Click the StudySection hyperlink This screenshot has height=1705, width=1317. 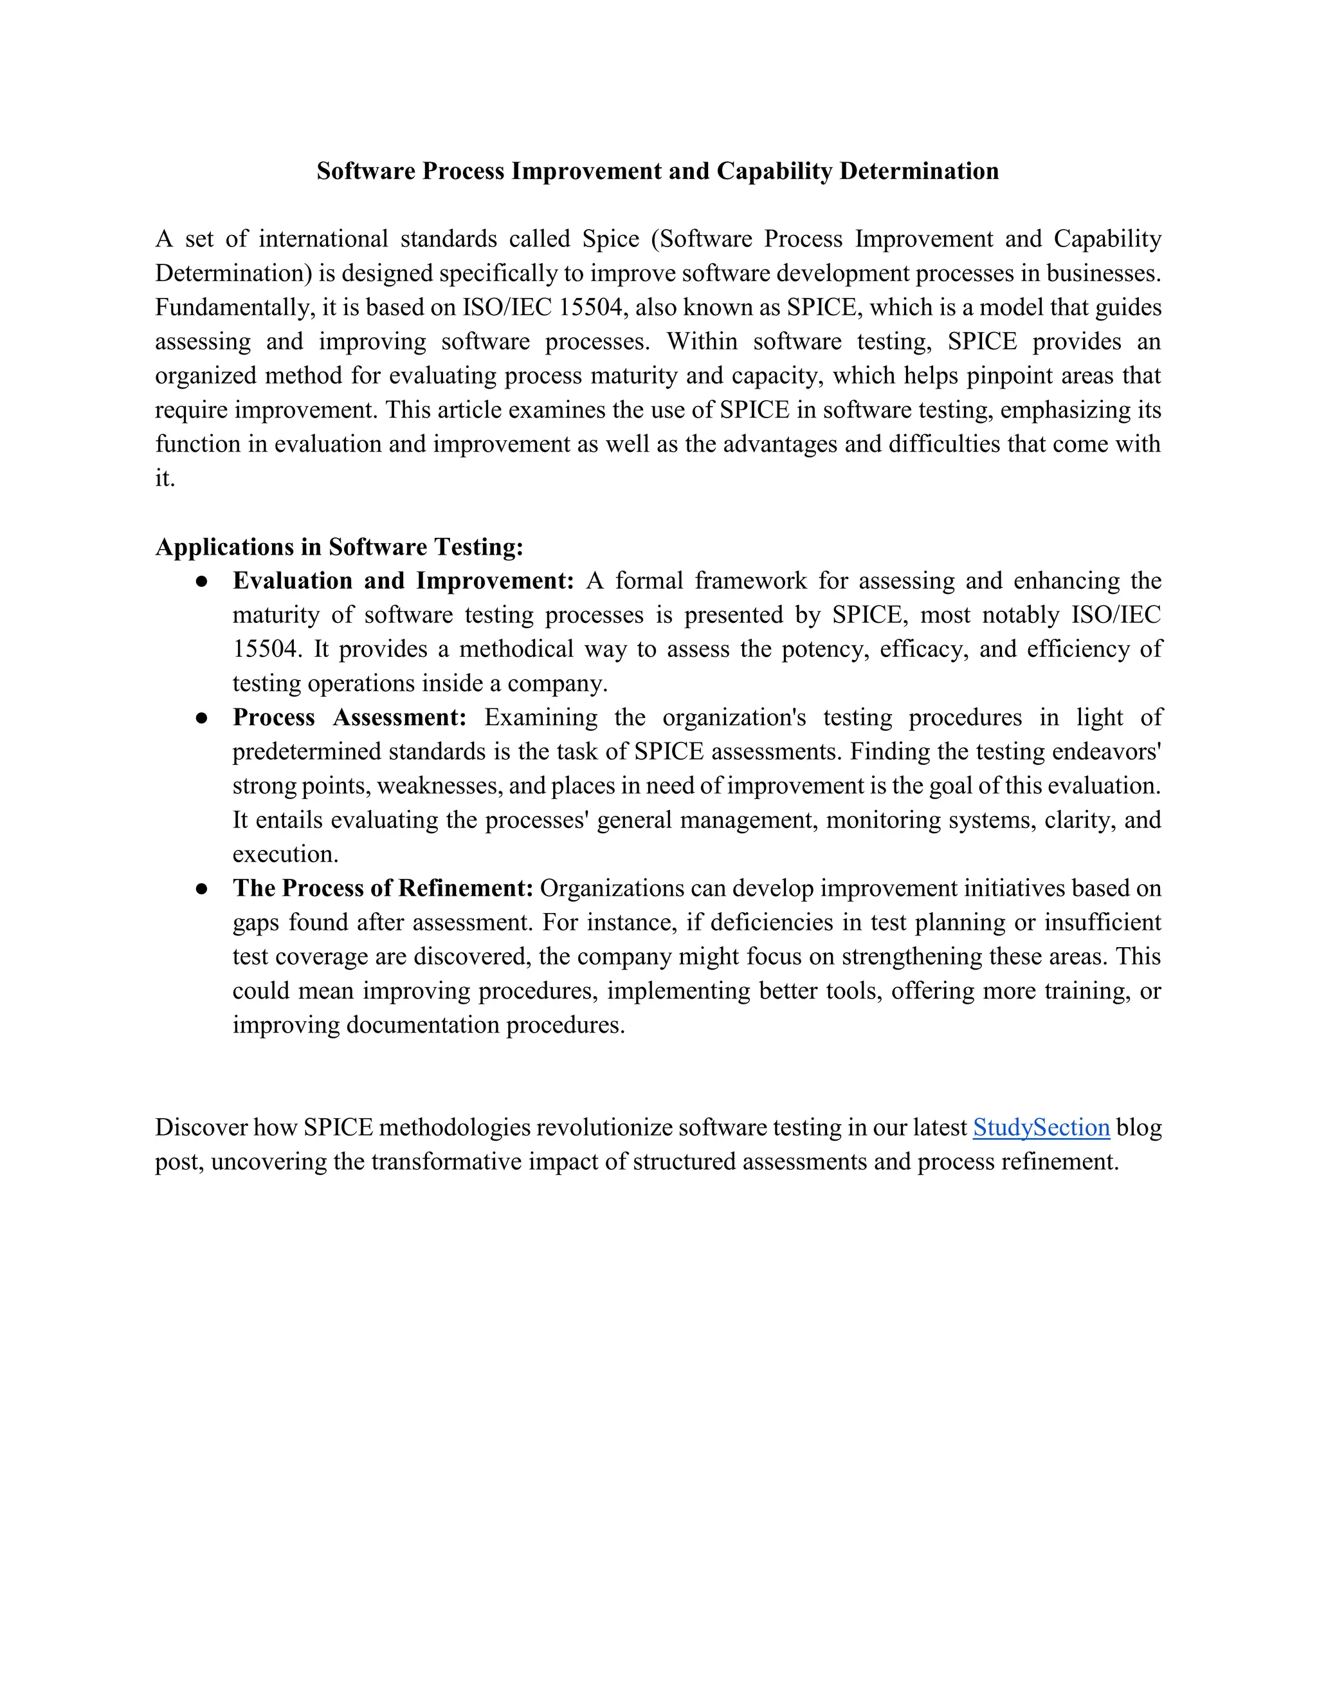point(1041,1127)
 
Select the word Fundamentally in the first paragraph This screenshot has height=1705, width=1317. point(234,308)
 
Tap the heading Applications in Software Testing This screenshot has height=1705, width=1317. point(339,546)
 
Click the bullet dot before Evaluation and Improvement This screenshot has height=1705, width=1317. point(201,582)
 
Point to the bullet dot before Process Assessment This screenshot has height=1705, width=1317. point(201,718)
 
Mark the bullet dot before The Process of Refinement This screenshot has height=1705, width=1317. point(201,889)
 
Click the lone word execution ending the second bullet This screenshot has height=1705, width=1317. point(285,854)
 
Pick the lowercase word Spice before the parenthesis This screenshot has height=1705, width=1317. point(611,239)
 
